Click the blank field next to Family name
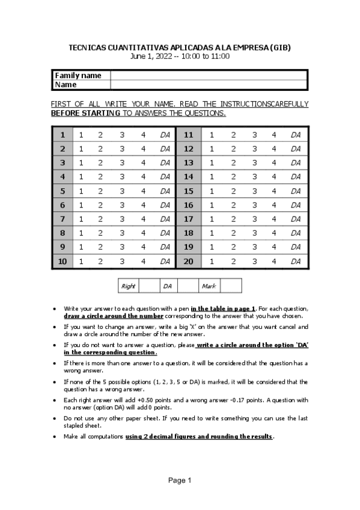(x=208, y=75)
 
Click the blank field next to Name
(x=208, y=85)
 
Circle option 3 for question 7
(x=122, y=219)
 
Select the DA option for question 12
(x=295, y=149)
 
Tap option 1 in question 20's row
(x=211, y=261)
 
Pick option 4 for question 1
(x=144, y=135)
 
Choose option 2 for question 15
(x=233, y=191)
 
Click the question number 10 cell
(x=63, y=261)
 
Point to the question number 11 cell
(x=188, y=135)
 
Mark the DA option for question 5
(x=165, y=191)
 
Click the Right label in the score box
(x=128, y=286)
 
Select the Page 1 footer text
(x=180, y=480)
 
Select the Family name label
(x=78, y=75)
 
